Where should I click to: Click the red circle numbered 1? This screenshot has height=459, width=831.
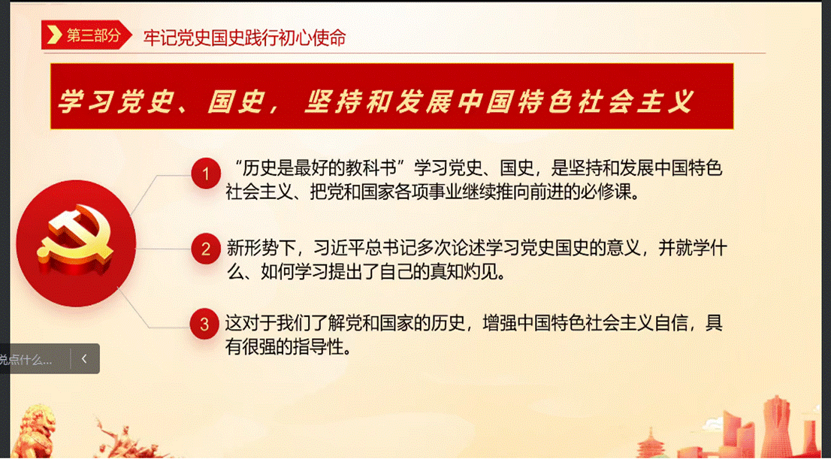tap(206, 174)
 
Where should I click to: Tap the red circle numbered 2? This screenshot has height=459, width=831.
tap(206, 249)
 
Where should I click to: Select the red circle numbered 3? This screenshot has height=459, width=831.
tap(205, 324)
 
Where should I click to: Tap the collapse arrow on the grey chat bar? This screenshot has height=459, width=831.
tap(84, 359)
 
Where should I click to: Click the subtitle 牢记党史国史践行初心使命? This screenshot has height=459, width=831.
tap(244, 38)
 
